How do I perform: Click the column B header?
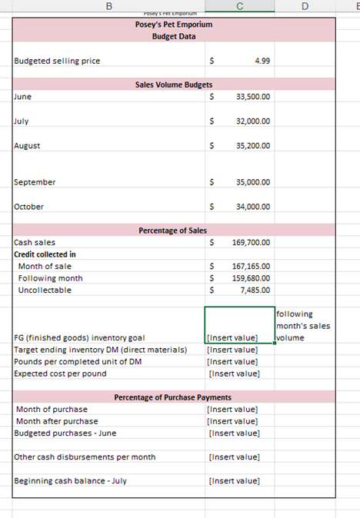point(108,6)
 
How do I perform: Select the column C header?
point(240,6)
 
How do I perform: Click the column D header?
point(305,6)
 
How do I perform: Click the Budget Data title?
point(173,36)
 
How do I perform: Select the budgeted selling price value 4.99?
point(262,61)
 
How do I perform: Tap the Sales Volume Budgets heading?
point(174,85)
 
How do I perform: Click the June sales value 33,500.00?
point(253,97)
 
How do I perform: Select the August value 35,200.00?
point(253,145)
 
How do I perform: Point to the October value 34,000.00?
point(253,207)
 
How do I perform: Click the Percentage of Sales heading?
point(173,231)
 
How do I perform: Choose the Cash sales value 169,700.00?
point(251,242)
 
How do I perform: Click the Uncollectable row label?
point(45,290)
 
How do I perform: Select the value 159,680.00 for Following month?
point(251,278)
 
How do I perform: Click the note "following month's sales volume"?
point(302,325)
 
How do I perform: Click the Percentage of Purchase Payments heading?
point(173,397)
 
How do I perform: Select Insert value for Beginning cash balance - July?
point(234,481)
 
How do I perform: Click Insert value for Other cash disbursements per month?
point(234,457)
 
